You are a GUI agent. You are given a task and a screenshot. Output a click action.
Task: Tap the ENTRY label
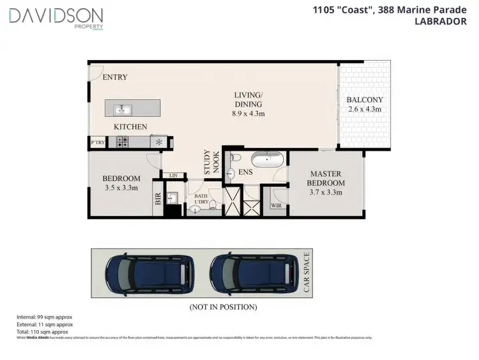(115, 77)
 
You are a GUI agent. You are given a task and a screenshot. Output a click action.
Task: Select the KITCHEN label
(131, 127)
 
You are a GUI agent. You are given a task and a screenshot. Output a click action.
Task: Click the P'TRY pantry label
(98, 142)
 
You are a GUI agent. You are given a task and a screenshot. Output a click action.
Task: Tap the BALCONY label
(365, 100)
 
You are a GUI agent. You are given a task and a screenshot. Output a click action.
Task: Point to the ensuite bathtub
(266, 160)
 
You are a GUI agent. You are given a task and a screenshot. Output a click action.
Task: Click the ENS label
(246, 172)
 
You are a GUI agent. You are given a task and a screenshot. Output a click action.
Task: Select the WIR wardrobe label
(276, 206)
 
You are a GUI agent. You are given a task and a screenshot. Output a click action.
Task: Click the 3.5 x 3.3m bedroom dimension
(121, 188)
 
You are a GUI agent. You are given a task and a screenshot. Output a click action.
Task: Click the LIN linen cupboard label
(172, 176)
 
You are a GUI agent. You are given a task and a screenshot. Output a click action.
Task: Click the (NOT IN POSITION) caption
(223, 306)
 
